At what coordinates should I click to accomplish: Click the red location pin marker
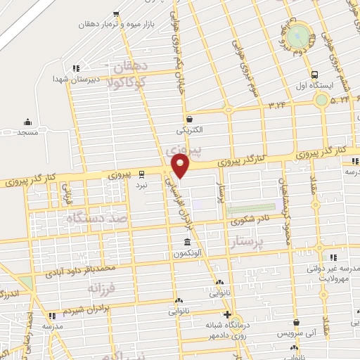coord(181,167)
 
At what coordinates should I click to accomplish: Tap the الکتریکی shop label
coord(189,131)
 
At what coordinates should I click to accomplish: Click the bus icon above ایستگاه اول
coord(314,75)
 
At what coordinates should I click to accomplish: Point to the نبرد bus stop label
coord(142,185)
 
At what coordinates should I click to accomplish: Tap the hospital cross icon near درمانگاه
coord(226,315)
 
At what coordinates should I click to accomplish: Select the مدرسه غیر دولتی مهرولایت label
coord(328,274)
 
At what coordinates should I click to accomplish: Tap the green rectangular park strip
coord(250,208)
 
